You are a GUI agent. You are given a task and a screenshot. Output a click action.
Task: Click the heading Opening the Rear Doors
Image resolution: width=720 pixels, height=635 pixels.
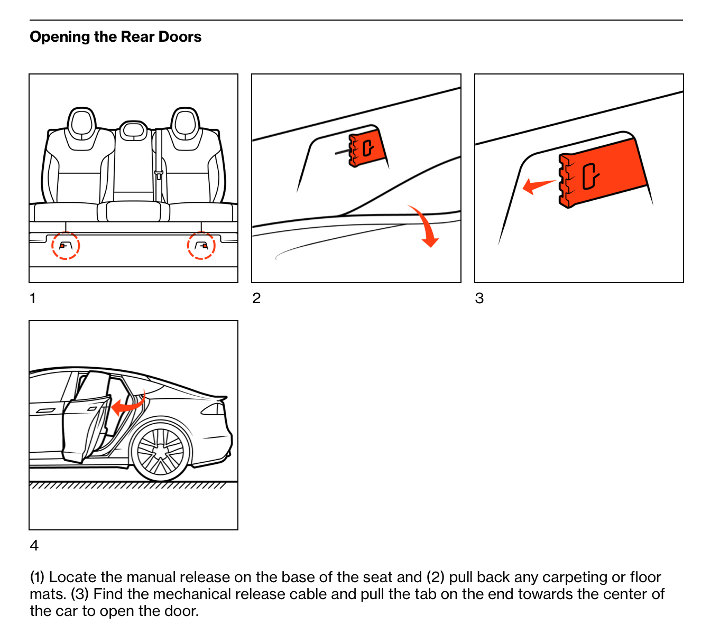point(115,37)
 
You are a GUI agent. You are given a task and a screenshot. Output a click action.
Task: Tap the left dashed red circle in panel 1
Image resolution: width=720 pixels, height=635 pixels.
point(66,246)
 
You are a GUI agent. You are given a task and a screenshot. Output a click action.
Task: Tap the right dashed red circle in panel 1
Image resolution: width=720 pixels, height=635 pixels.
point(201,246)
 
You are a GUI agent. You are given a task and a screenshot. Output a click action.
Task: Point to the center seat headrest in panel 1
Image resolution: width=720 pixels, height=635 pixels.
point(133,131)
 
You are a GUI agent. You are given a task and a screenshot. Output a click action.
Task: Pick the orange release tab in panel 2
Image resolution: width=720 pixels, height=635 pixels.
point(366,148)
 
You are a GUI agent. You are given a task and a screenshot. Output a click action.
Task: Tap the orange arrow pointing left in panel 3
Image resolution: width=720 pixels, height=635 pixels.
point(538,186)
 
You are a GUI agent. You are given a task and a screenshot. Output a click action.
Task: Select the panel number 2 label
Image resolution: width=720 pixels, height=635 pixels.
point(256,298)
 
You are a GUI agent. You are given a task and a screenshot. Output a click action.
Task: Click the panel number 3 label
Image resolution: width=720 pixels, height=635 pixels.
point(479,298)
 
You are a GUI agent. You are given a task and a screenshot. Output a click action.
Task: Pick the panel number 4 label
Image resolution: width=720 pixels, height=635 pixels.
point(34,545)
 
